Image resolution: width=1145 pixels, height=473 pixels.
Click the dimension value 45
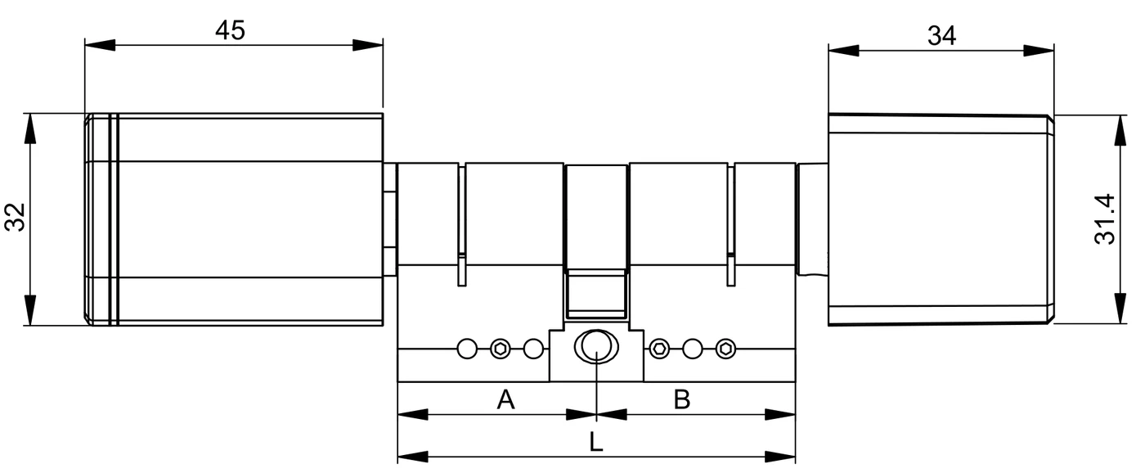(x=230, y=30)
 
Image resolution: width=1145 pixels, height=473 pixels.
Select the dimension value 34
(x=941, y=36)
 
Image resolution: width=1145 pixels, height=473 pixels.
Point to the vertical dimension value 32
(x=16, y=218)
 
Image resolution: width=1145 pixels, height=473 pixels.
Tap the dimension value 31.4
(x=1105, y=219)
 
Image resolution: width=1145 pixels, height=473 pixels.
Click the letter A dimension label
(x=505, y=399)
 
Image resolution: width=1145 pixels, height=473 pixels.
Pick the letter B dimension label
(x=682, y=399)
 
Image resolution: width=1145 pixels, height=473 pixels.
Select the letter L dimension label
(x=596, y=442)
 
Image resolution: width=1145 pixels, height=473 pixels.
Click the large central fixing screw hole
(x=596, y=346)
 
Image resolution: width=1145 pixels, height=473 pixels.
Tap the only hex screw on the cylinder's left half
(x=501, y=349)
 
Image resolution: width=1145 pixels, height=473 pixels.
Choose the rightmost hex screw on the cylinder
(x=726, y=349)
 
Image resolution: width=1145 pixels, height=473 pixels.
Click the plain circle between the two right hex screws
(x=693, y=349)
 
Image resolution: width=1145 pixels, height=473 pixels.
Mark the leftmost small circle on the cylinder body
(x=467, y=349)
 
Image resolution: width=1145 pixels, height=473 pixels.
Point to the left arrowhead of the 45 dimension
(x=100, y=45)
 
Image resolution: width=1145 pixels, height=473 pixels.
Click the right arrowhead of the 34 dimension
(x=1039, y=51)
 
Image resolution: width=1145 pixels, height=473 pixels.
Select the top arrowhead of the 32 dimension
(x=31, y=128)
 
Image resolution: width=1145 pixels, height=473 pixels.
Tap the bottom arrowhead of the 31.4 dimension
(x=1120, y=308)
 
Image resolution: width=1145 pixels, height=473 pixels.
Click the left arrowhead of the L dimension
(x=413, y=457)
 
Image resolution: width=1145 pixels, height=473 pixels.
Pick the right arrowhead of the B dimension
(x=780, y=414)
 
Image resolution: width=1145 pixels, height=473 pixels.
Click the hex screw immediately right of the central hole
(x=659, y=349)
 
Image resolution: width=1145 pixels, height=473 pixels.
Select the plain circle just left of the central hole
(x=533, y=349)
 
